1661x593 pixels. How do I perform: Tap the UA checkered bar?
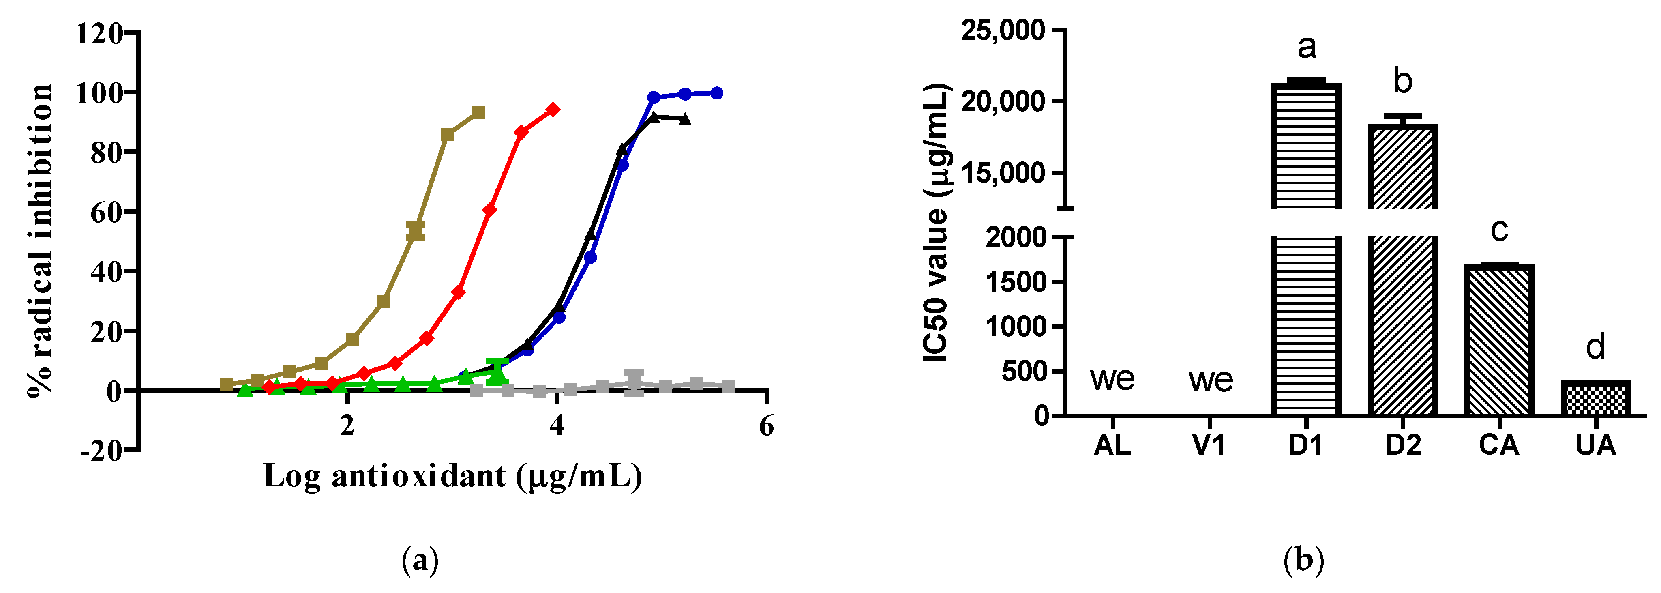1595,398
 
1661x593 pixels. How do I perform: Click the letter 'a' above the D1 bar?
1306,47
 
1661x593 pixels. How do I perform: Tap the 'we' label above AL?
1112,379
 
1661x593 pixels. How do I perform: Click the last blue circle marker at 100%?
716,93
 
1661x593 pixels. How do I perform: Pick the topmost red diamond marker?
553,110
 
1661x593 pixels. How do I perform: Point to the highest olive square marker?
478,113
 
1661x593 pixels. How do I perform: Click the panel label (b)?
1304,560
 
